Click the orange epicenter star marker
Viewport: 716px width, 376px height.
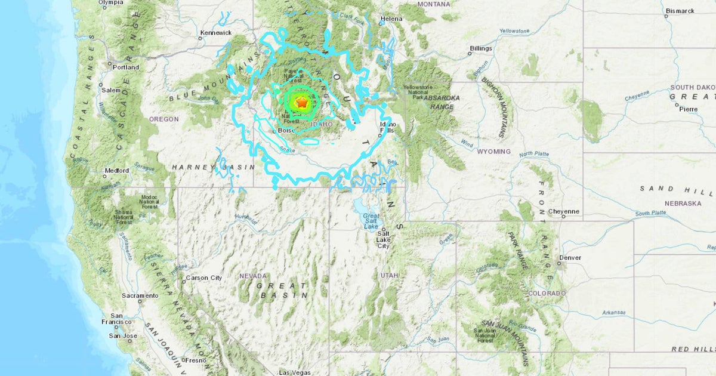302,103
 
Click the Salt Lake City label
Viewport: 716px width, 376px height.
384,239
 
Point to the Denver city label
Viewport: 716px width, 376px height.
569,258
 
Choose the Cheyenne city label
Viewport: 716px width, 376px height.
563,211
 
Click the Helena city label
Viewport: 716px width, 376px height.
391,19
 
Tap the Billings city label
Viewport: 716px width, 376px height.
480,48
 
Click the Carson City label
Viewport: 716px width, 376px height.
204,278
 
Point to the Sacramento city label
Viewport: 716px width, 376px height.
140,295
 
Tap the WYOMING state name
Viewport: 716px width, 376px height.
493,152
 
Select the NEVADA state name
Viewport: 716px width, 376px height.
254,276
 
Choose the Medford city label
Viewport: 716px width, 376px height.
116,171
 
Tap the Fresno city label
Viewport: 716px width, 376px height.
195,360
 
